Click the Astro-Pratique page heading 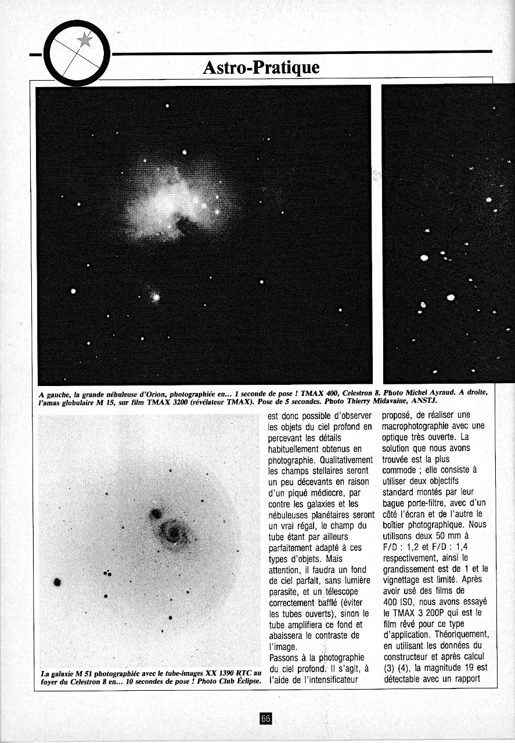261,68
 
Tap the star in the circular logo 85,39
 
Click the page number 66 265,719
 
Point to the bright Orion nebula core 168,200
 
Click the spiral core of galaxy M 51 172,531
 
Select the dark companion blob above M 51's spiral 156,513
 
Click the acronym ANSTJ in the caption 424,401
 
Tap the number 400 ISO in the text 398,601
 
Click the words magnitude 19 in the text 452,667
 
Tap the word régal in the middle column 312,525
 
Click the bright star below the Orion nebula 156,297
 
